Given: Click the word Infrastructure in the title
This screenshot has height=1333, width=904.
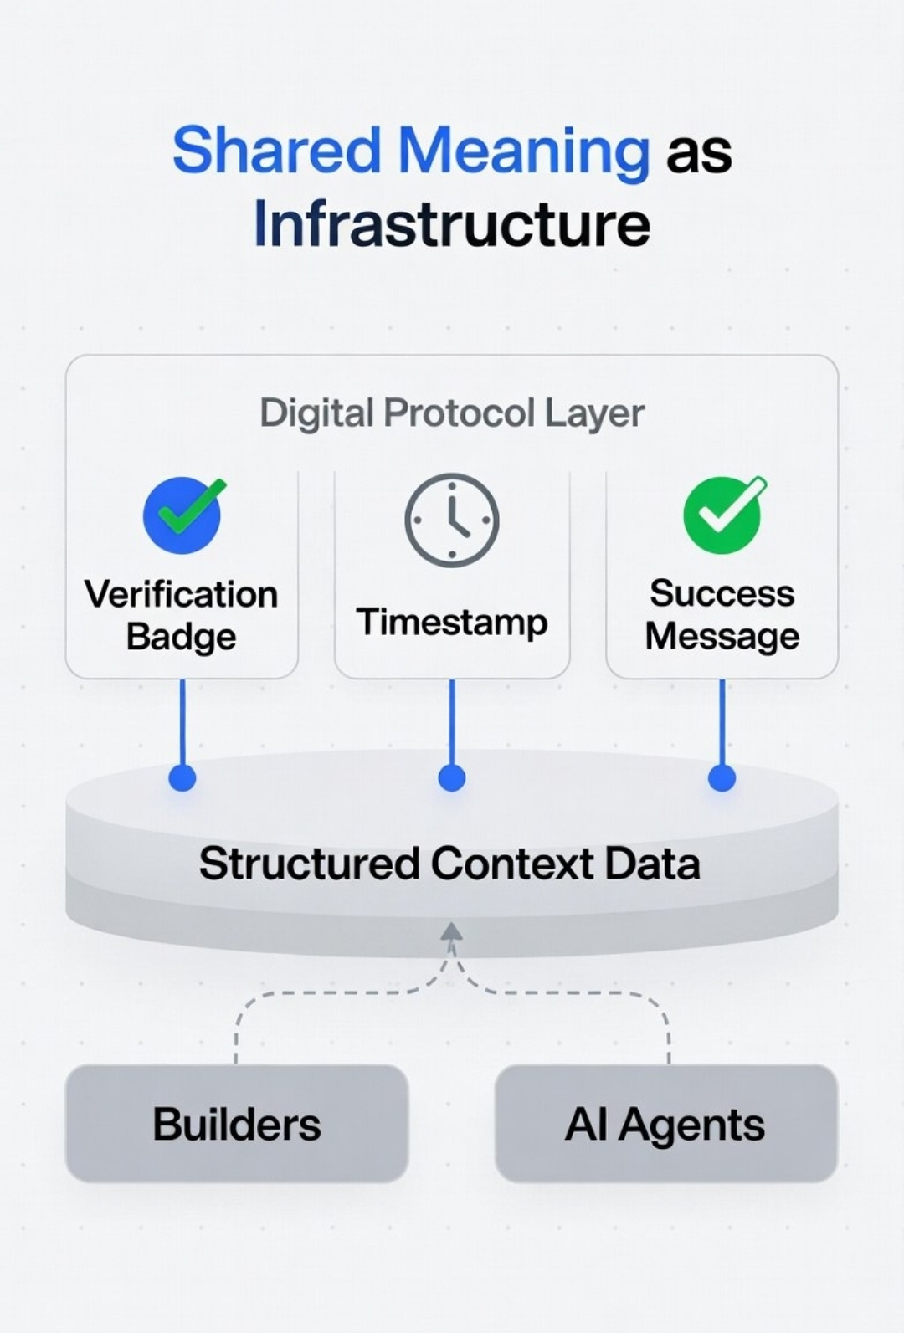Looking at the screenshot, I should point(452,224).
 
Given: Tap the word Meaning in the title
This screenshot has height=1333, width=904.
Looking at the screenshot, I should point(523,151).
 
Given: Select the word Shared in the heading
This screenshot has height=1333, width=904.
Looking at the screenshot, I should point(277,151).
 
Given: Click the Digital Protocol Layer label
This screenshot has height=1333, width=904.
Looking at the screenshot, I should point(452,413).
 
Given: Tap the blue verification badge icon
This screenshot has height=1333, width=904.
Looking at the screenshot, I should point(182,515).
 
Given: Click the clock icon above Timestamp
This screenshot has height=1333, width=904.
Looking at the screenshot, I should point(452,520).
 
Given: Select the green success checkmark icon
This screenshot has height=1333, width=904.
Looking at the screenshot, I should point(722,515).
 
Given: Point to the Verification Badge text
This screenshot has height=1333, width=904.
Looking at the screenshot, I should point(182,615).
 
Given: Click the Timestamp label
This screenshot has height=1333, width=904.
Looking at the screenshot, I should point(452,623).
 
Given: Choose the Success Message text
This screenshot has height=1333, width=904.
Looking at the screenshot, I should point(722,615).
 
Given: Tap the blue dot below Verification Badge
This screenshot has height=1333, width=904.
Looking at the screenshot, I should point(182,777).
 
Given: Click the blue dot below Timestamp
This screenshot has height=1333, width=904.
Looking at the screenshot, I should point(452,777).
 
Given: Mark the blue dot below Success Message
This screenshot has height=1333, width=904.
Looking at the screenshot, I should point(722,777).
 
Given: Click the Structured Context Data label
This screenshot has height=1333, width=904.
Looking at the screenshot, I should point(449,864).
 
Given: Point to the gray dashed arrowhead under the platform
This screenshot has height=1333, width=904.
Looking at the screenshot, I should point(452,932).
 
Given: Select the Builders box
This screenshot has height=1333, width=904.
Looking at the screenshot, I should point(237,1123).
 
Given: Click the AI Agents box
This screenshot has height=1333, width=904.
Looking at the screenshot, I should point(666,1123).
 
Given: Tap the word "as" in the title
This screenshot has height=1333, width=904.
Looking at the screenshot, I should point(699,153).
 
